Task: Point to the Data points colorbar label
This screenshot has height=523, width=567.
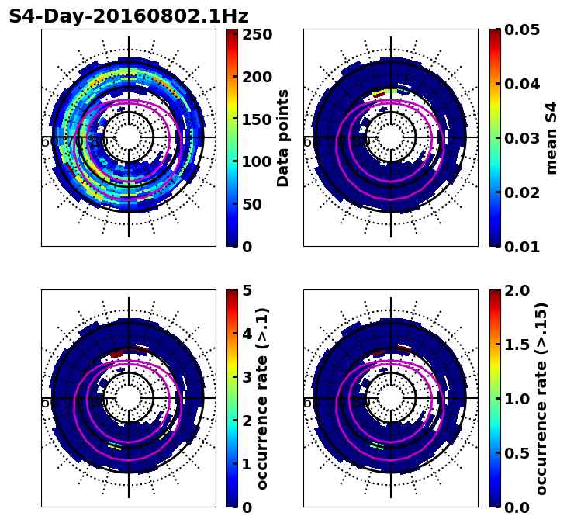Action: coord(283,138)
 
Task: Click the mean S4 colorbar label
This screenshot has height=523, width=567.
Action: coord(551,138)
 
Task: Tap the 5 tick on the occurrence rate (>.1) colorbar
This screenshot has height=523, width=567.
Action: coord(247,290)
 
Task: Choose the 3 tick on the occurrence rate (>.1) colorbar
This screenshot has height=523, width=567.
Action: coord(247,377)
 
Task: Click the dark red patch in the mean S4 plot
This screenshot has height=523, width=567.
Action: coord(379,94)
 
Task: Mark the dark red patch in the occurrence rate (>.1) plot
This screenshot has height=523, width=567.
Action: coord(116,355)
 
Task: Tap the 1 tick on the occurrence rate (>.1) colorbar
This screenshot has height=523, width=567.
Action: coord(247,464)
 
